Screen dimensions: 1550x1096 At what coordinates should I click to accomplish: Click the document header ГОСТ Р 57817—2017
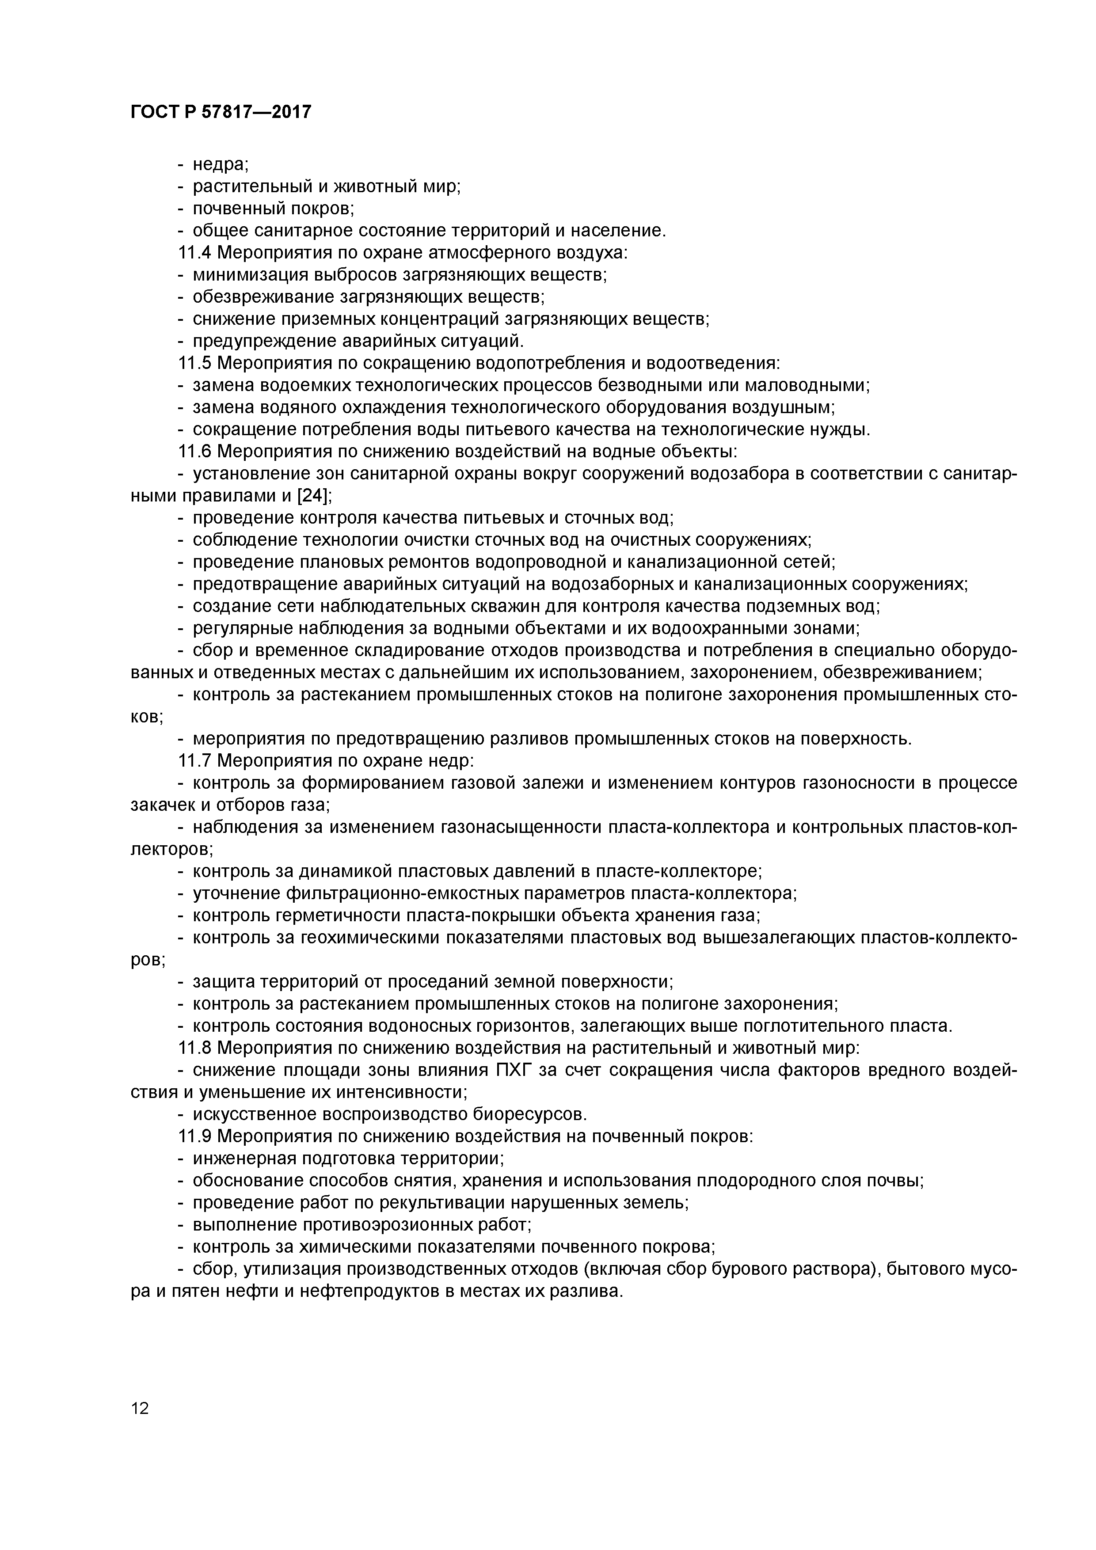click(221, 111)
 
